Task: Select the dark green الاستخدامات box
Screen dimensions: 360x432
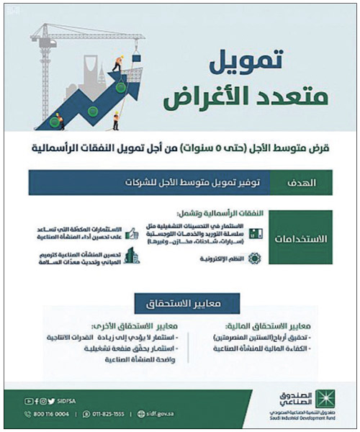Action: (300, 238)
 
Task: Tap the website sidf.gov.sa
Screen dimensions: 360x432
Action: (169, 414)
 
